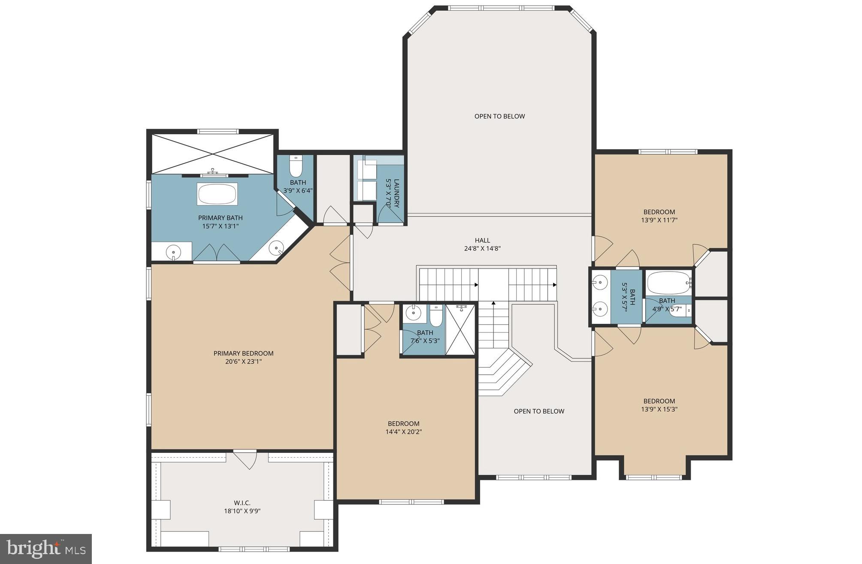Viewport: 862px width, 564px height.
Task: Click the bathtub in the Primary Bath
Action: point(217,194)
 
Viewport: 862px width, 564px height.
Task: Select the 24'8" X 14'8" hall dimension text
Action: point(482,248)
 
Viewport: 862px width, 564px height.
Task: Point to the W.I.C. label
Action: point(242,503)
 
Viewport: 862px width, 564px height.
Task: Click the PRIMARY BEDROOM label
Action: point(243,353)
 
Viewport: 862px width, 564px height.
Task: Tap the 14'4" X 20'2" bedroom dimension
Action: point(403,432)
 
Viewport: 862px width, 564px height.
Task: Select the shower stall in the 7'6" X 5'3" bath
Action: point(460,329)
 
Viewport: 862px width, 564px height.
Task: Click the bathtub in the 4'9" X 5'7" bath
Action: point(668,282)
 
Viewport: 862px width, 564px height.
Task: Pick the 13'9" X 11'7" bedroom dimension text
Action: point(659,220)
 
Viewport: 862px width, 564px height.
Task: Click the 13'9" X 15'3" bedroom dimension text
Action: point(659,409)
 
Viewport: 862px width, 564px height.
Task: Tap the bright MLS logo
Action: point(46,549)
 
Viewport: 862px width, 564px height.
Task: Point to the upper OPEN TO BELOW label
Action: point(499,116)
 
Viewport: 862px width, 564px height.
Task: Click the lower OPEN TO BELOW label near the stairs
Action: point(539,411)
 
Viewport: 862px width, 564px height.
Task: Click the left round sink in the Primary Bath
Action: point(173,252)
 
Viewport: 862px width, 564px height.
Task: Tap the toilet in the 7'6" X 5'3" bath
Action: point(436,315)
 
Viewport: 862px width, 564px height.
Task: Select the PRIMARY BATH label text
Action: point(220,218)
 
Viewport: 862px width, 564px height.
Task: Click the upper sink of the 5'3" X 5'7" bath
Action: point(600,282)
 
